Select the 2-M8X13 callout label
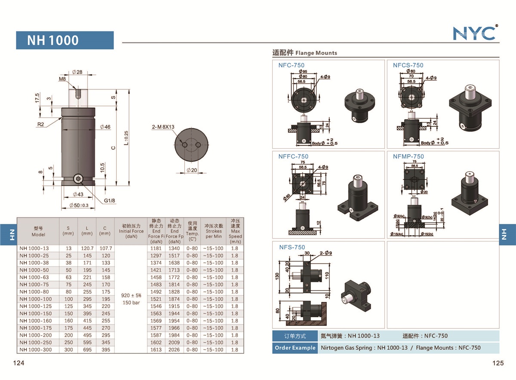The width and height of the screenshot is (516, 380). click(x=163, y=127)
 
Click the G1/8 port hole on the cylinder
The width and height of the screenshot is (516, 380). click(x=78, y=179)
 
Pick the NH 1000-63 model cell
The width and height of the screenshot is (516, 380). click(x=34, y=277)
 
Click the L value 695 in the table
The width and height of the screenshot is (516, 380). click(x=87, y=349)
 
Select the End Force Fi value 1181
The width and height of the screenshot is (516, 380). click(x=156, y=248)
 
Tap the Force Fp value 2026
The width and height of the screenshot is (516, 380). click(x=174, y=349)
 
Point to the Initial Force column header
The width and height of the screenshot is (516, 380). click(x=131, y=231)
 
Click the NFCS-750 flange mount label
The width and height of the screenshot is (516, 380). click(x=408, y=65)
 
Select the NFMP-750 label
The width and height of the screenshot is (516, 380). click(x=408, y=156)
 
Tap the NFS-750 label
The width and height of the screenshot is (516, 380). click(x=292, y=247)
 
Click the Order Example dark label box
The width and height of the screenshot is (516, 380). click(x=295, y=348)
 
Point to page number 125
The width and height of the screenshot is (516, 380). click(x=498, y=363)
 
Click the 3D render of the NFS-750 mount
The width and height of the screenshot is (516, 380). click(x=356, y=295)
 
